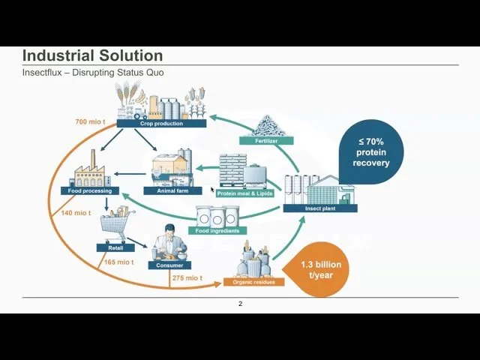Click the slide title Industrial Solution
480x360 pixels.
[x=92, y=55]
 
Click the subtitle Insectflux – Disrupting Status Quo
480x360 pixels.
[x=93, y=72]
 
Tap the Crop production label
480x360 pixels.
[x=161, y=124]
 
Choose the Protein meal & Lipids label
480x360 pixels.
[x=245, y=193]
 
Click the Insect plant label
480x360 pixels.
[x=318, y=209]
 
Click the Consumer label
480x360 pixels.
[x=169, y=265]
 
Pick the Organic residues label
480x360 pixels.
[x=244, y=283]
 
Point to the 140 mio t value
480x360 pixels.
[x=76, y=213]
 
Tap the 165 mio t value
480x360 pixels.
[x=119, y=262]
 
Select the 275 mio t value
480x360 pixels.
[x=187, y=278]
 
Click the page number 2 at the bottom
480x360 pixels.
[x=240, y=304]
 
